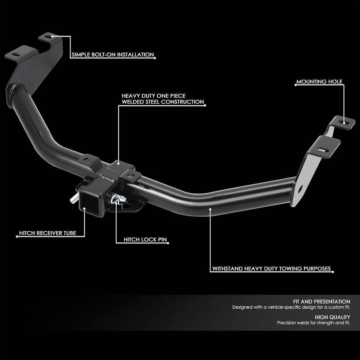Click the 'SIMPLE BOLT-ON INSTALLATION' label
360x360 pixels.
[x=113, y=55]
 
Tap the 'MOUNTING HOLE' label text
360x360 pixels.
[x=319, y=82]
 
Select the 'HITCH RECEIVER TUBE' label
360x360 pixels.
[x=48, y=233]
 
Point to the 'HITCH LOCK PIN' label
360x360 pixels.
[x=145, y=239]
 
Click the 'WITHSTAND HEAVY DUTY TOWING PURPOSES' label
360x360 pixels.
[x=271, y=269]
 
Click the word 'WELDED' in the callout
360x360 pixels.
[x=133, y=102]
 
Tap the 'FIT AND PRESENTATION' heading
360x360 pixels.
[x=321, y=301]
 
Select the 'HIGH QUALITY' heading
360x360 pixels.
[x=332, y=317]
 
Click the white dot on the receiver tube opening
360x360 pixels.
[x=84, y=208]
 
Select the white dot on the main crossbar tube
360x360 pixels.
[x=210, y=209]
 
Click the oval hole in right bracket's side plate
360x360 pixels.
[x=300, y=189]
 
